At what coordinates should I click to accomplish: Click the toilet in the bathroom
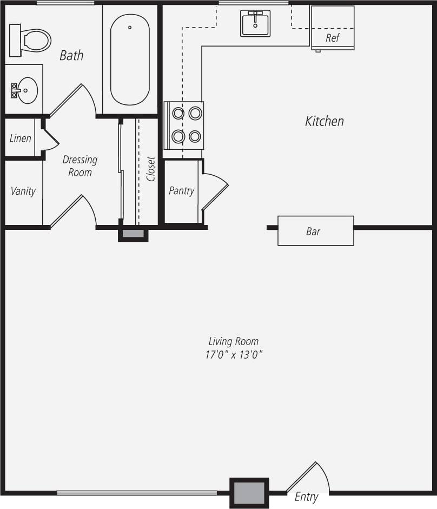[x=32, y=39]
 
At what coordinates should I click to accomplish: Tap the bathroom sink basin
[x=25, y=89]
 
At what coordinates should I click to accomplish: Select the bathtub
[x=130, y=60]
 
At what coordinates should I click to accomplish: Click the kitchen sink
[x=255, y=23]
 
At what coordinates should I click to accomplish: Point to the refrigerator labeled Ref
[x=332, y=28]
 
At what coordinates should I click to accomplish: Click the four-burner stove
[x=184, y=125]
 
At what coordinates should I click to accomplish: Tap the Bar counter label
[x=313, y=232]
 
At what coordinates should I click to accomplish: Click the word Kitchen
[x=325, y=121]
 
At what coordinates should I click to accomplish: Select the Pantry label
[x=181, y=190]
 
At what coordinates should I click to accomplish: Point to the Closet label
[x=151, y=169]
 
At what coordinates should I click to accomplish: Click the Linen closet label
[x=21, y=138]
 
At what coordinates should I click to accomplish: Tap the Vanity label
[x=23, y=191]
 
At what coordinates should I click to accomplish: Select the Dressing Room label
[x=80, y=166]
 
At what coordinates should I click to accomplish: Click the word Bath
[x=71, y=55]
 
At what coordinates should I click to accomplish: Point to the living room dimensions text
[x=233, y=355]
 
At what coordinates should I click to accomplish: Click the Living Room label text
[x=233, y=341]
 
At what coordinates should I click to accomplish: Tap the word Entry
[x=306, y=497]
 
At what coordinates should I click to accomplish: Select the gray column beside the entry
[x=249, y=493]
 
